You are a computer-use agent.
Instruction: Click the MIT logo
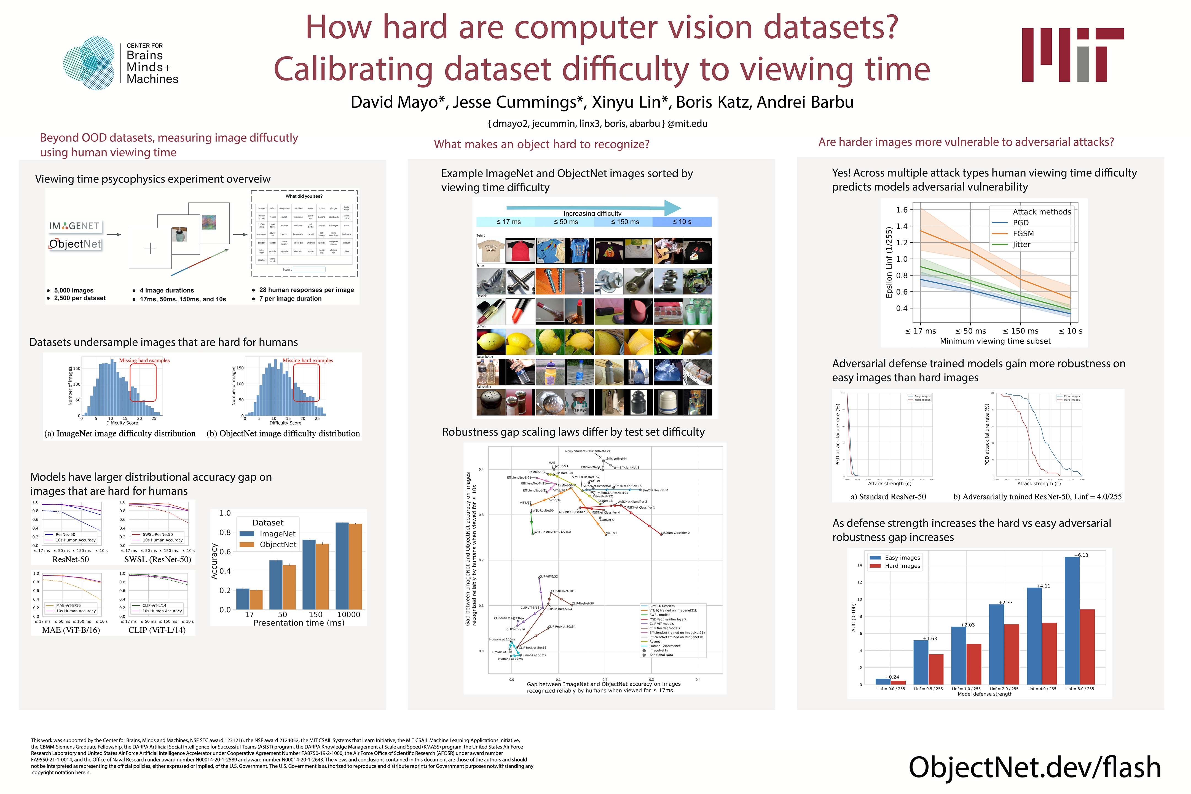[1072, 55]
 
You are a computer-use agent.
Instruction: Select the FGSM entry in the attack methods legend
[1023, 234]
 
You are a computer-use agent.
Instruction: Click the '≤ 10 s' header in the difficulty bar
[682, 222]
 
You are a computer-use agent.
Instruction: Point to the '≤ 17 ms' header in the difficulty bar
[508, 222]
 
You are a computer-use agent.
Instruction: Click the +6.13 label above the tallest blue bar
[1081, 555]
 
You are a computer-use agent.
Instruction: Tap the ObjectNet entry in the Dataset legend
[278, 544]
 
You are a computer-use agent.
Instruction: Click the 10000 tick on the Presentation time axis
[348, 614]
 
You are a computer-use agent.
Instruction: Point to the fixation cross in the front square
[151, 248]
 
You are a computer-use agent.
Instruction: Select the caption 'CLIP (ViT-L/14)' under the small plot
[157, 630]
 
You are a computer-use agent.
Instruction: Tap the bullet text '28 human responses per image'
[306, 290]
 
